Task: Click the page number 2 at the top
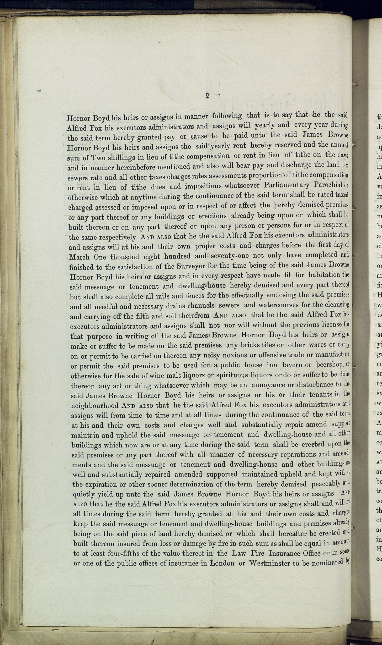(207, 96)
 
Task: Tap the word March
(80, 257)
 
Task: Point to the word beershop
(329, 365)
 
